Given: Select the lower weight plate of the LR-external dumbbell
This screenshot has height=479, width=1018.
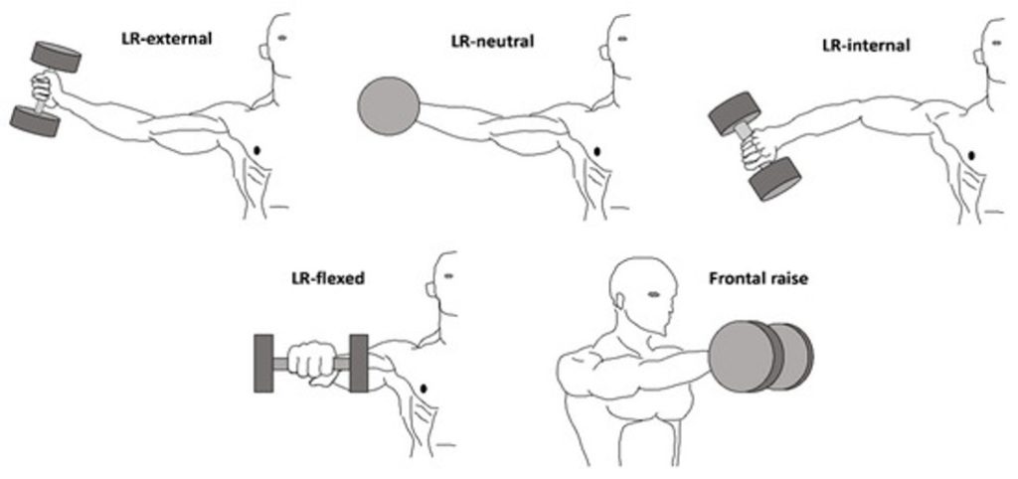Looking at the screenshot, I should [x=35, y=121].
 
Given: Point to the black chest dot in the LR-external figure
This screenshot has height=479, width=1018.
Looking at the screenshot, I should [x=260, y=150].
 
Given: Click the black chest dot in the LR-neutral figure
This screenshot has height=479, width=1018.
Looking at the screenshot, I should [x=597, y=151].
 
